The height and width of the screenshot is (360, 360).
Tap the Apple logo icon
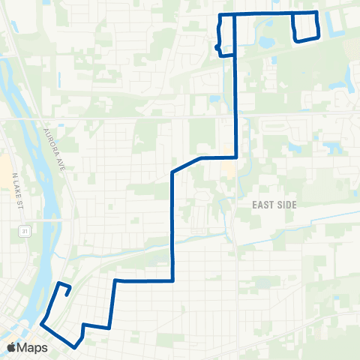coord(12,347)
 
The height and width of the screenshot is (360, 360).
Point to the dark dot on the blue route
coord(217,47)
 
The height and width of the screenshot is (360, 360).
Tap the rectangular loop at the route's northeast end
coord(305,28)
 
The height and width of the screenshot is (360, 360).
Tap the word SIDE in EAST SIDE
coord(288,205)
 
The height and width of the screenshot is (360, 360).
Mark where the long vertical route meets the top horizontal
coord(235,14)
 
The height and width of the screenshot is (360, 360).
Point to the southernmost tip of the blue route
coord(75,347)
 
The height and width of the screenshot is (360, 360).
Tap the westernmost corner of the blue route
coord(41,324)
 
